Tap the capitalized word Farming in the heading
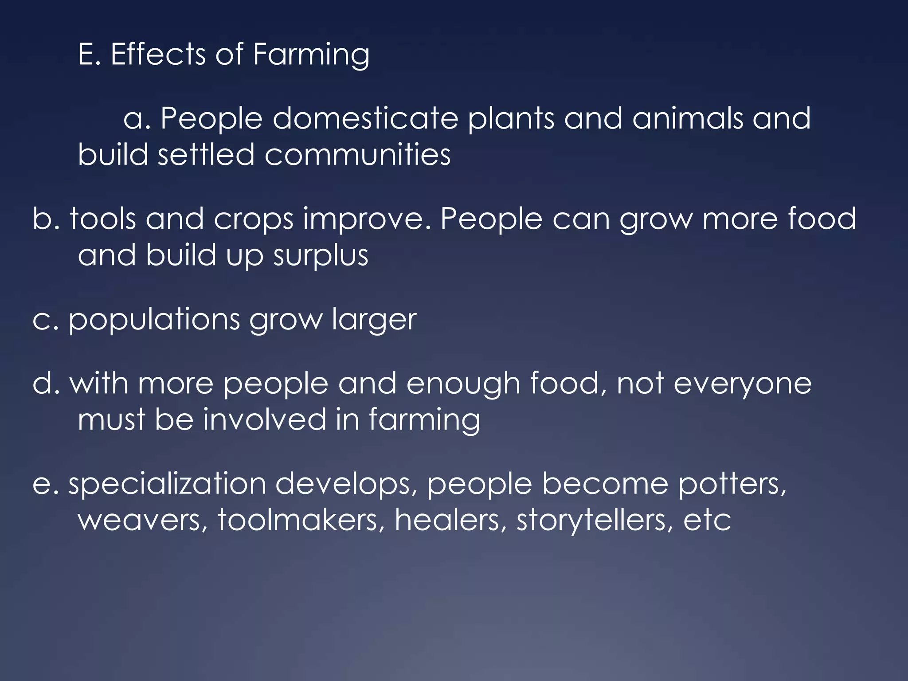click(311, 55)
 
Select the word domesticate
click(365, 118)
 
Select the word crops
click(253, 219)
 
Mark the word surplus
click(321, 256)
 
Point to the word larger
click(374, 320)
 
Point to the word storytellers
click(591, 520)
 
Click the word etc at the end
click(707, 520)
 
